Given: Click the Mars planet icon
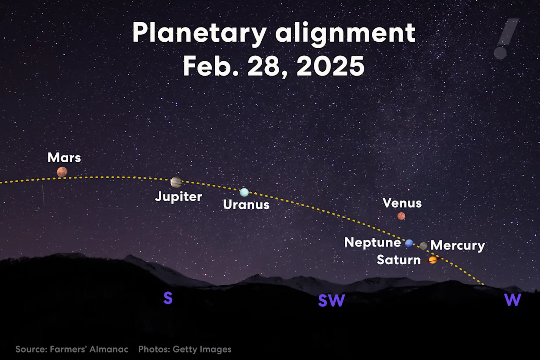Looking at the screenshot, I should tap(62, 172).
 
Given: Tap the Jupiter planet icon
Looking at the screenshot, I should tap(176, 182).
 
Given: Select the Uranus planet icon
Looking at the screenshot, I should tap(244, 192).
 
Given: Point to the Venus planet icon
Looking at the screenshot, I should tap(401, 216).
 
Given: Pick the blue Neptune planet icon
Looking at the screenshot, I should tap(409, 243).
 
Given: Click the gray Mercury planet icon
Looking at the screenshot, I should tap(423, 246).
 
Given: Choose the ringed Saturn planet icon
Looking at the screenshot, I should tap(433, 260).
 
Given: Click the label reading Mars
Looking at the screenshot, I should tap(64, 157).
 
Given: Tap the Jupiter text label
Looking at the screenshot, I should tap(179, 197).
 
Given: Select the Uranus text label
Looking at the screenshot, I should tap(246, 204).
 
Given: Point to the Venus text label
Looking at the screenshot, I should tap(402, 203).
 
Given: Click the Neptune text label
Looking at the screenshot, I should tap(373, 242).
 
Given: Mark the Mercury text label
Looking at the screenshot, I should tap(457, 246).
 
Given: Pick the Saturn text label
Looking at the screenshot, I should tap(399, 260).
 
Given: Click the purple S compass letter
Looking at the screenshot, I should tap(168, 298).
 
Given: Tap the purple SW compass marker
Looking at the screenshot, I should tap(331, 300).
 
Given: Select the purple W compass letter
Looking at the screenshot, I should tap(513, 300).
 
